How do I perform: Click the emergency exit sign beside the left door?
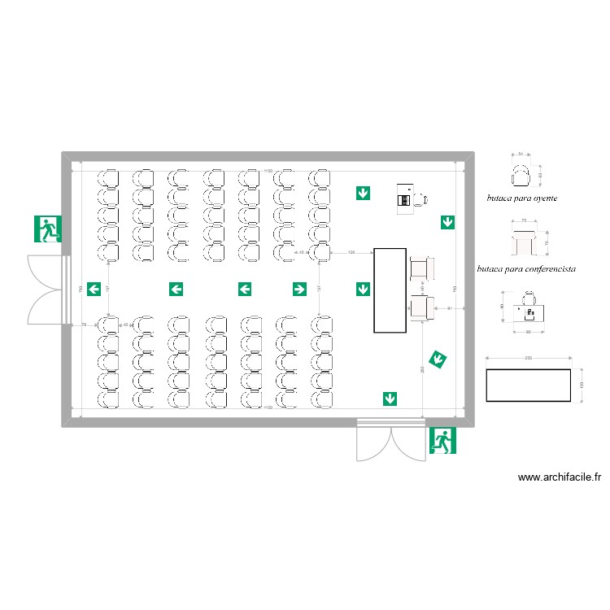point(48,229)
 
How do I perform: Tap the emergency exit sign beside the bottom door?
point(443,440)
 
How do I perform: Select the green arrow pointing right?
point(299,289)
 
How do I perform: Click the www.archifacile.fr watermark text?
point(559,478)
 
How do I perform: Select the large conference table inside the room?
point(390,290)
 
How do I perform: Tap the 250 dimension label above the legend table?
point(528,359)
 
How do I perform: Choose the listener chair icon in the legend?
point(521,173)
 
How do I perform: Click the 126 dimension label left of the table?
point(351,253)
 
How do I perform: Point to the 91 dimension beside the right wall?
point(450,308)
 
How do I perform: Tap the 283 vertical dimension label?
point(422,371)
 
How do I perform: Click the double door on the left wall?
point(47,290)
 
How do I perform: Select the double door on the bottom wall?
point(391,441)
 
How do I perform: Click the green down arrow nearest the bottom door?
point(390,398)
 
